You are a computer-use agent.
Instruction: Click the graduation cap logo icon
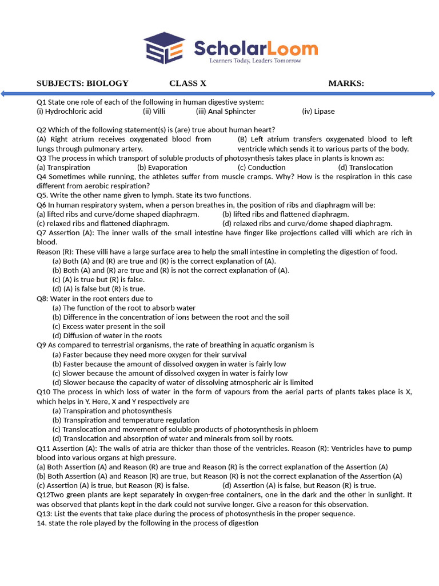(164, 48)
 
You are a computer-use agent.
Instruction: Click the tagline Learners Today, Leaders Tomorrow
(255, 60)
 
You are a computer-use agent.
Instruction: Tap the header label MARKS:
(346, 84)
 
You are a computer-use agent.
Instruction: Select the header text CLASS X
(187, 84)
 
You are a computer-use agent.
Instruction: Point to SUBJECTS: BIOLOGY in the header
(82, 84)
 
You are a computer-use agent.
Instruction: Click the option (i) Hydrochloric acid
(69, 112)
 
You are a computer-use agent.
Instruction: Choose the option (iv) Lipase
(318, 112)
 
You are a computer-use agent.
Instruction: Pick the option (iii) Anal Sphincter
(226, 112)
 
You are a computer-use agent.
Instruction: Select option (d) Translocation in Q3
(365, 168)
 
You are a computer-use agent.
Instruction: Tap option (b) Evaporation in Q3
(162, 168)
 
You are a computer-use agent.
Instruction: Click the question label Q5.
(43, 195)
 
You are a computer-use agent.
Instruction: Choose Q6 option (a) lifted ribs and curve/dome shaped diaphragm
(118, 214)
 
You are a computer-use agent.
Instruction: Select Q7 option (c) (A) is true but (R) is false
(98, 280)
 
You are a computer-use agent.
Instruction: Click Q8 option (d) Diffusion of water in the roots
(107, 336)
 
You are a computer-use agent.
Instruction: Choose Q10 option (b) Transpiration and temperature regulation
(126, 420)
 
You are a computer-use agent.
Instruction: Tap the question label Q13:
(45, 513)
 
